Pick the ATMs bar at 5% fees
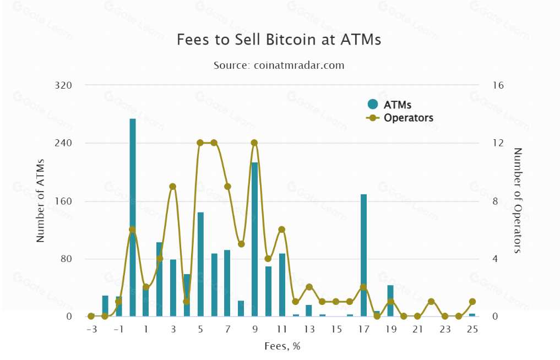coord(200,264)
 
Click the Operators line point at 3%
coord(173,187)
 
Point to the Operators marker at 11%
coord(281,230)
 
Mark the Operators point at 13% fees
coord(309,287)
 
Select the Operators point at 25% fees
coord(472,302)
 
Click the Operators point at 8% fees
coord(241,244)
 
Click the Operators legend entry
coord(401,118)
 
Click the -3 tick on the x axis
coord(91,329)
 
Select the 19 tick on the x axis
coord(390,329)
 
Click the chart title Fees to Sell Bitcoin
coord(279,40)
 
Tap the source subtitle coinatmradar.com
coord(279,65)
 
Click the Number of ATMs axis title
coord(40,201)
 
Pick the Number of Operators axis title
coord(518,201)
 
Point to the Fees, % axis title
coord(282,346)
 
